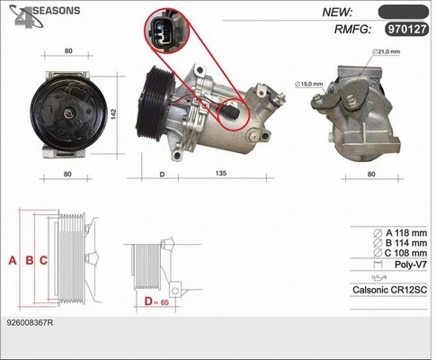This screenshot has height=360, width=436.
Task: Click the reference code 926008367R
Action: [30, 322]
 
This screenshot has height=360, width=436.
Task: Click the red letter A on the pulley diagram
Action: [13, 261]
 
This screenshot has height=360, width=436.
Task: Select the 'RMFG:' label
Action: [352, 29]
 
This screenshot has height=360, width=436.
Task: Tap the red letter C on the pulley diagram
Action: [44, 261]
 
